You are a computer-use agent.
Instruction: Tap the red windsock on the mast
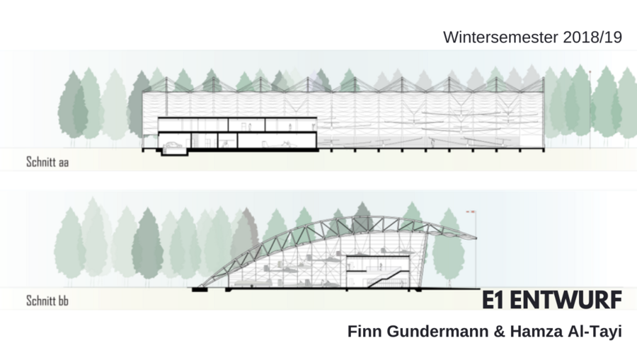469,211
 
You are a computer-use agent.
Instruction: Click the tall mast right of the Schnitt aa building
590,106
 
